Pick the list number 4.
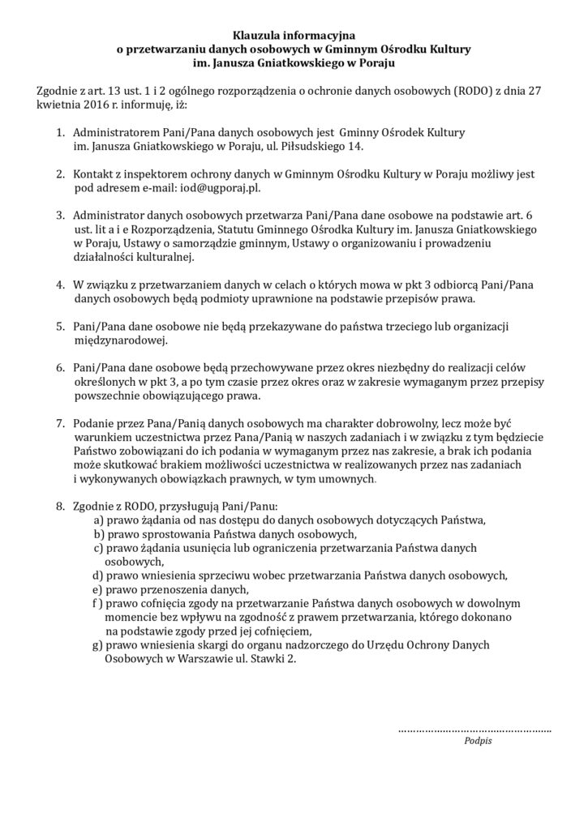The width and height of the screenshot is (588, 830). coord(60,285)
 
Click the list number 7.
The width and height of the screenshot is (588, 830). coord(60,422)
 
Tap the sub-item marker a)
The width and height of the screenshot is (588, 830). coord(99,520)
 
